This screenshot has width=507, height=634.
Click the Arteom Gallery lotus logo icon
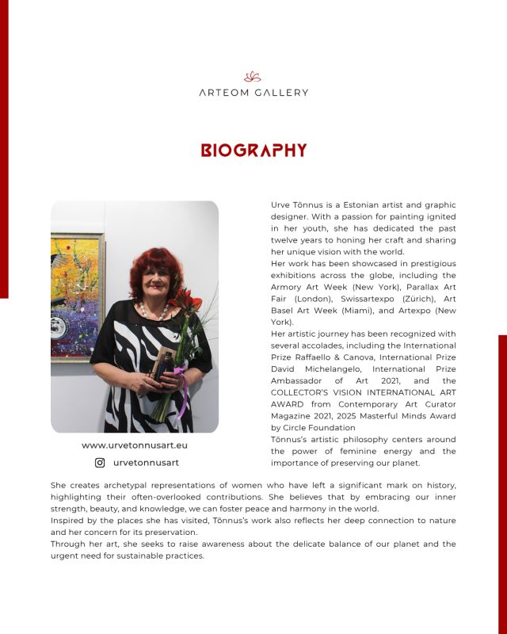coord(253,77)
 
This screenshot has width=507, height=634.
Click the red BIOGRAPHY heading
coord(253,150)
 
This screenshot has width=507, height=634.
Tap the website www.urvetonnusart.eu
coord(135,445)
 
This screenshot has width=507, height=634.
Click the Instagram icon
coord(100,463)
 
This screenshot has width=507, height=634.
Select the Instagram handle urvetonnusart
coord(146,463)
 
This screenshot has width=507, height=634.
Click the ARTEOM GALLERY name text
coord(253,93)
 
